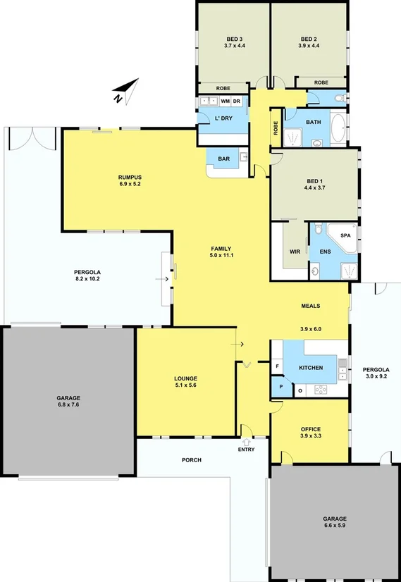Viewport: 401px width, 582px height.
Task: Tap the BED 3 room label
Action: coord(235,38)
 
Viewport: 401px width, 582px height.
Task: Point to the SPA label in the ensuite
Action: coord(345,235)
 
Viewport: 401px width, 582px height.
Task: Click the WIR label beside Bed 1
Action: coord(295,250)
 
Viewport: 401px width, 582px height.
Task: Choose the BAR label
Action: coord(223,159)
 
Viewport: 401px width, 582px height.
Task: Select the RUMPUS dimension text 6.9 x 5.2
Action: coord(130,184)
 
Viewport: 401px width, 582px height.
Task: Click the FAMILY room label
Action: coord(222,248)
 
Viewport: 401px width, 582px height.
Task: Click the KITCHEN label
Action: coord(311,368)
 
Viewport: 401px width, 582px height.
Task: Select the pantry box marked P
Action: coord(281,388)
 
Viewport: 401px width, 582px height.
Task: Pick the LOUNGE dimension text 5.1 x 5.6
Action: coord(185,386)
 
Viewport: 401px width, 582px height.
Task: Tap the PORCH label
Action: coord(191,459)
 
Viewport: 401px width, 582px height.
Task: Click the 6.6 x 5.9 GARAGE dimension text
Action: coord(335,526)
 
